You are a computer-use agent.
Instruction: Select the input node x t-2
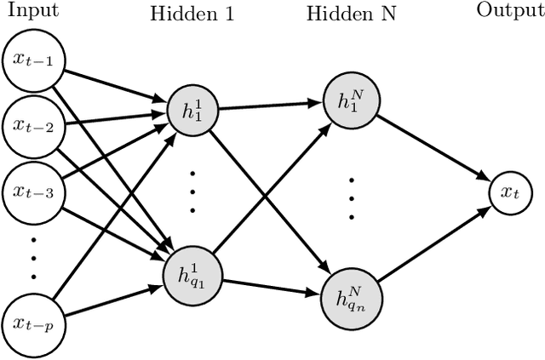(x=32, y=126)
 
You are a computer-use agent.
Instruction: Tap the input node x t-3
(x=32, y=191)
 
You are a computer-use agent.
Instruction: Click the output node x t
(x=508, y=194)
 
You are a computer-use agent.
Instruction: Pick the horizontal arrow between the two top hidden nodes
(x=268, y=106)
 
